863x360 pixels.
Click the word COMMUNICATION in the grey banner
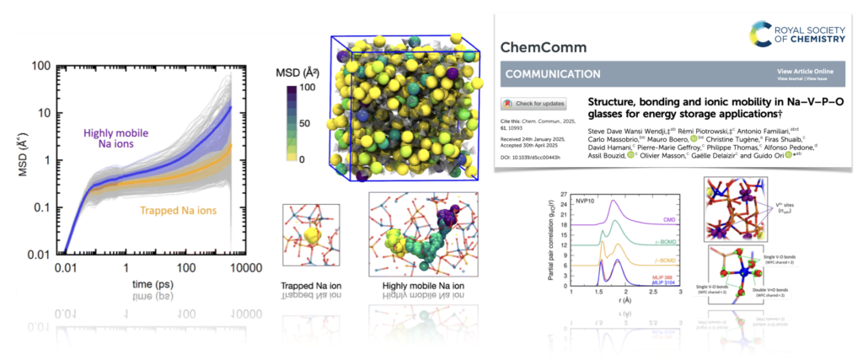tap(553, 74)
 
